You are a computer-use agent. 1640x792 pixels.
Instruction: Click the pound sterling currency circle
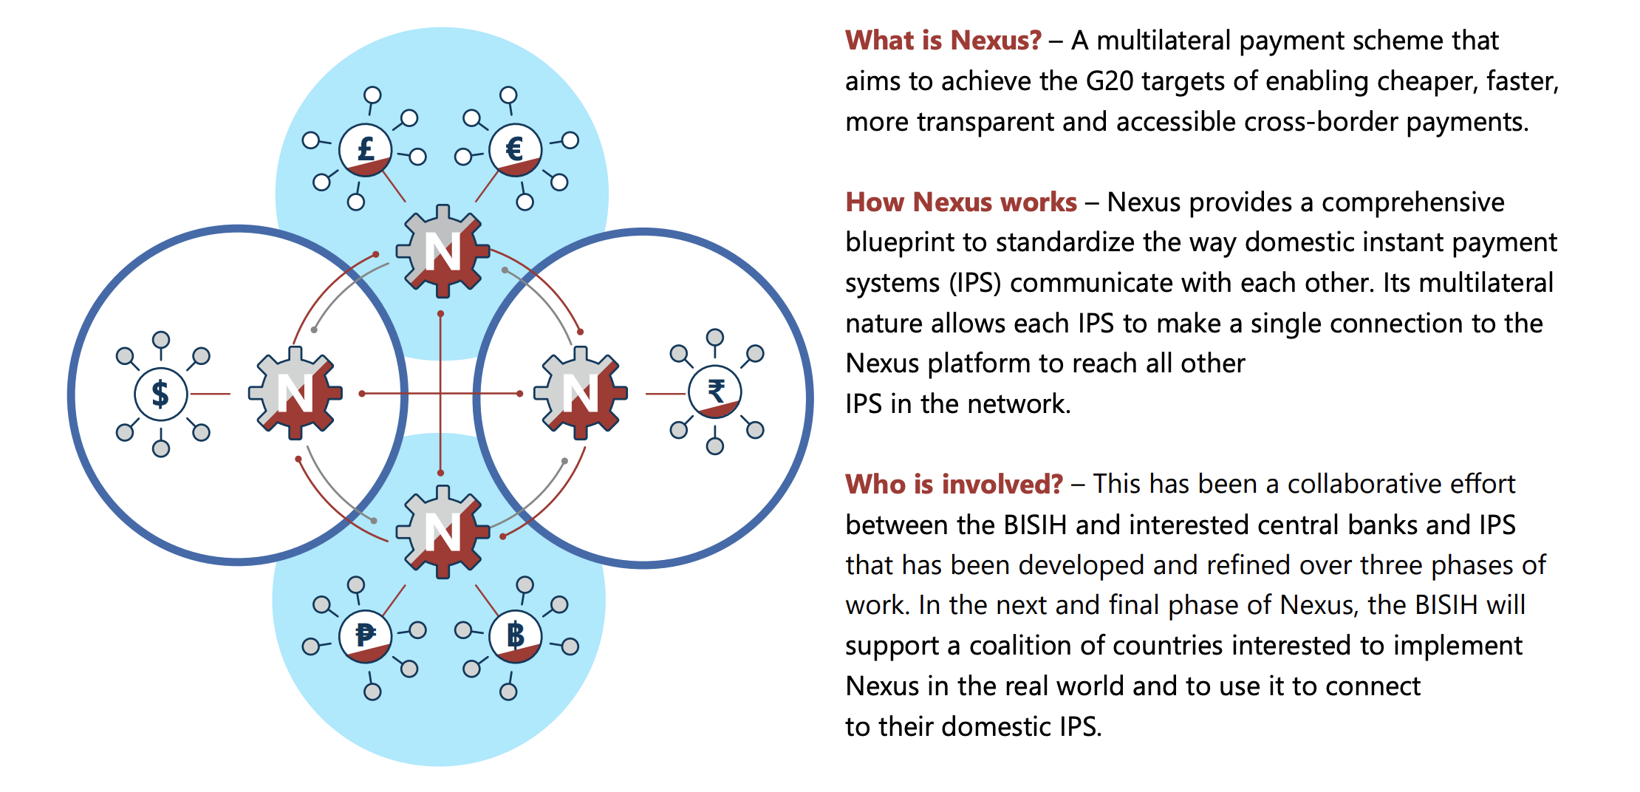pyautogui.click(x=365, y=150)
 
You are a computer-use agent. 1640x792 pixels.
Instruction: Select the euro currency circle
pyautogui.click(x=515, y=150)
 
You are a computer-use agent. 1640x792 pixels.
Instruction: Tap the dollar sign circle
pyautogui.click(x=160, y=394)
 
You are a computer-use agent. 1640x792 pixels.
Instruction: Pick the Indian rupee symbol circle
pyautogui.click(x=715, y=392)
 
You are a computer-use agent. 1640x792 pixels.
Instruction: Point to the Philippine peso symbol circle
pyautogui.click(x=365, y=635)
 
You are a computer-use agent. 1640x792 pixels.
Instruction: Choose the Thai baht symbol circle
pyautogui.click(x=515, y=635)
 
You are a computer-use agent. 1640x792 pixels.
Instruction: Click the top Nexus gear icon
pyautogui.click(x=443, y=251)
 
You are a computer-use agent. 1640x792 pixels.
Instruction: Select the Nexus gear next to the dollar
pyautogui.click(x=295, y=393)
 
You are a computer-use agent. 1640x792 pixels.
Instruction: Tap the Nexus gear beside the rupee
pyautogui.click(x=581, y=393)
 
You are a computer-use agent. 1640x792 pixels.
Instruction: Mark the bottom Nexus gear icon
pyautogui.click(x=443, y=532)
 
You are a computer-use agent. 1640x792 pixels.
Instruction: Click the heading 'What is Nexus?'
pyautogui.click(x=943, y=41)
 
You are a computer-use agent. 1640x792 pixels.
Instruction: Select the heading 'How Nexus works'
pyautogui.click(x=961, y=202)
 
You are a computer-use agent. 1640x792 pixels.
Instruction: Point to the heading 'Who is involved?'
pyautogui.click(x=954, y=485)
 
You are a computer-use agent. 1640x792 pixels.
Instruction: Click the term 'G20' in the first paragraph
pyautogui.click(x=1109, y=81)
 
